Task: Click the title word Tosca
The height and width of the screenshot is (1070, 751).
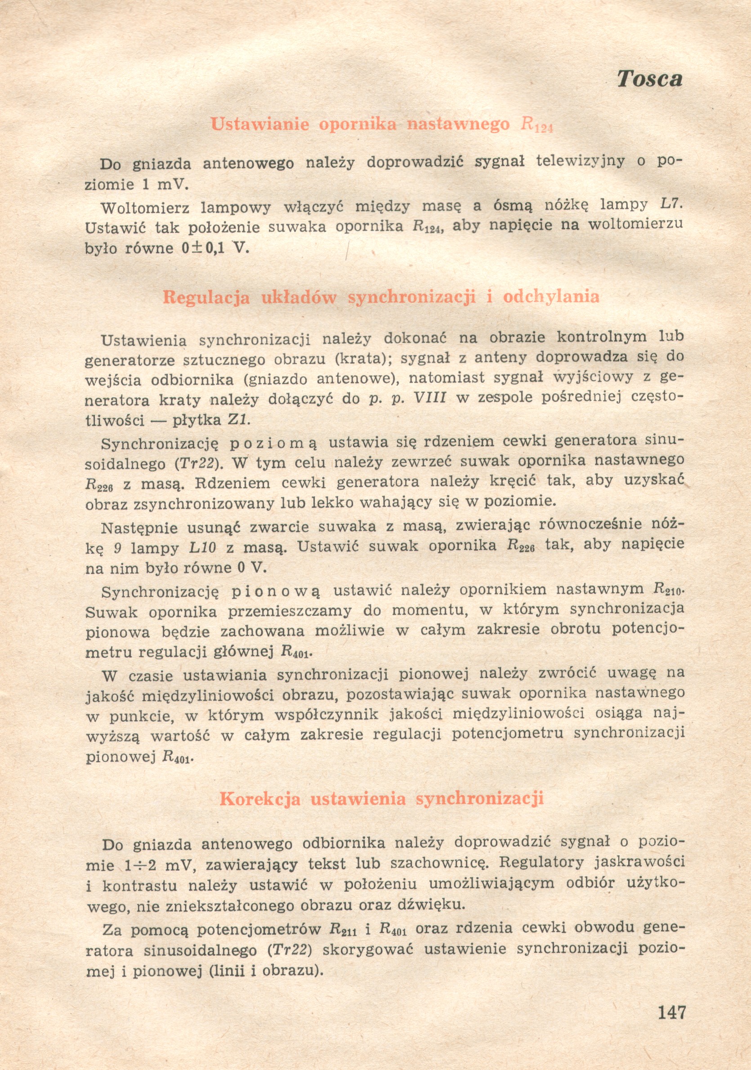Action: pos(649,79)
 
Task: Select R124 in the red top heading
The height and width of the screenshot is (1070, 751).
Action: pos(536,125)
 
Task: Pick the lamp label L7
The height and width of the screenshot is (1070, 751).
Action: pos(669,204)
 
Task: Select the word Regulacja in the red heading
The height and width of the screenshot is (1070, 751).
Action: pos(206,297)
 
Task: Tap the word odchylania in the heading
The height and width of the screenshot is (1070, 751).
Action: pos(551,297)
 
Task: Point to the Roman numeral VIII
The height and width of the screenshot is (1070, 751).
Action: pos(430,399)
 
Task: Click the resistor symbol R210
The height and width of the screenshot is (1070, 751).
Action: pos(668,589)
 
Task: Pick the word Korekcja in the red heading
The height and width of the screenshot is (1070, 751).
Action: pos(260,799)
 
